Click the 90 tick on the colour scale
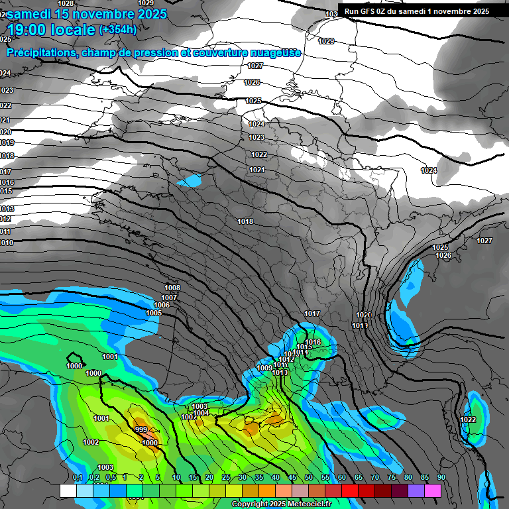pos(441,477)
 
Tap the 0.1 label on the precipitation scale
pos(78,477)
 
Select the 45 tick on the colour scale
pos(292,477)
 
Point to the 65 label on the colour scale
pos(359,477)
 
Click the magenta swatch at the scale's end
pos(433,490)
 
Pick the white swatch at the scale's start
pos(68,490)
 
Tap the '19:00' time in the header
pos(28,29)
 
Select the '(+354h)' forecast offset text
pos(118,29)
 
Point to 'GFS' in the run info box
pos(368,11)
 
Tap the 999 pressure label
pos(141,430)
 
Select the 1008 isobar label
pos(172,288)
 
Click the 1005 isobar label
pos(154,313)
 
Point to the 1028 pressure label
pos(66,3)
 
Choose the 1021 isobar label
pos(257,170)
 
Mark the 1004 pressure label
pos(201,413)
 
